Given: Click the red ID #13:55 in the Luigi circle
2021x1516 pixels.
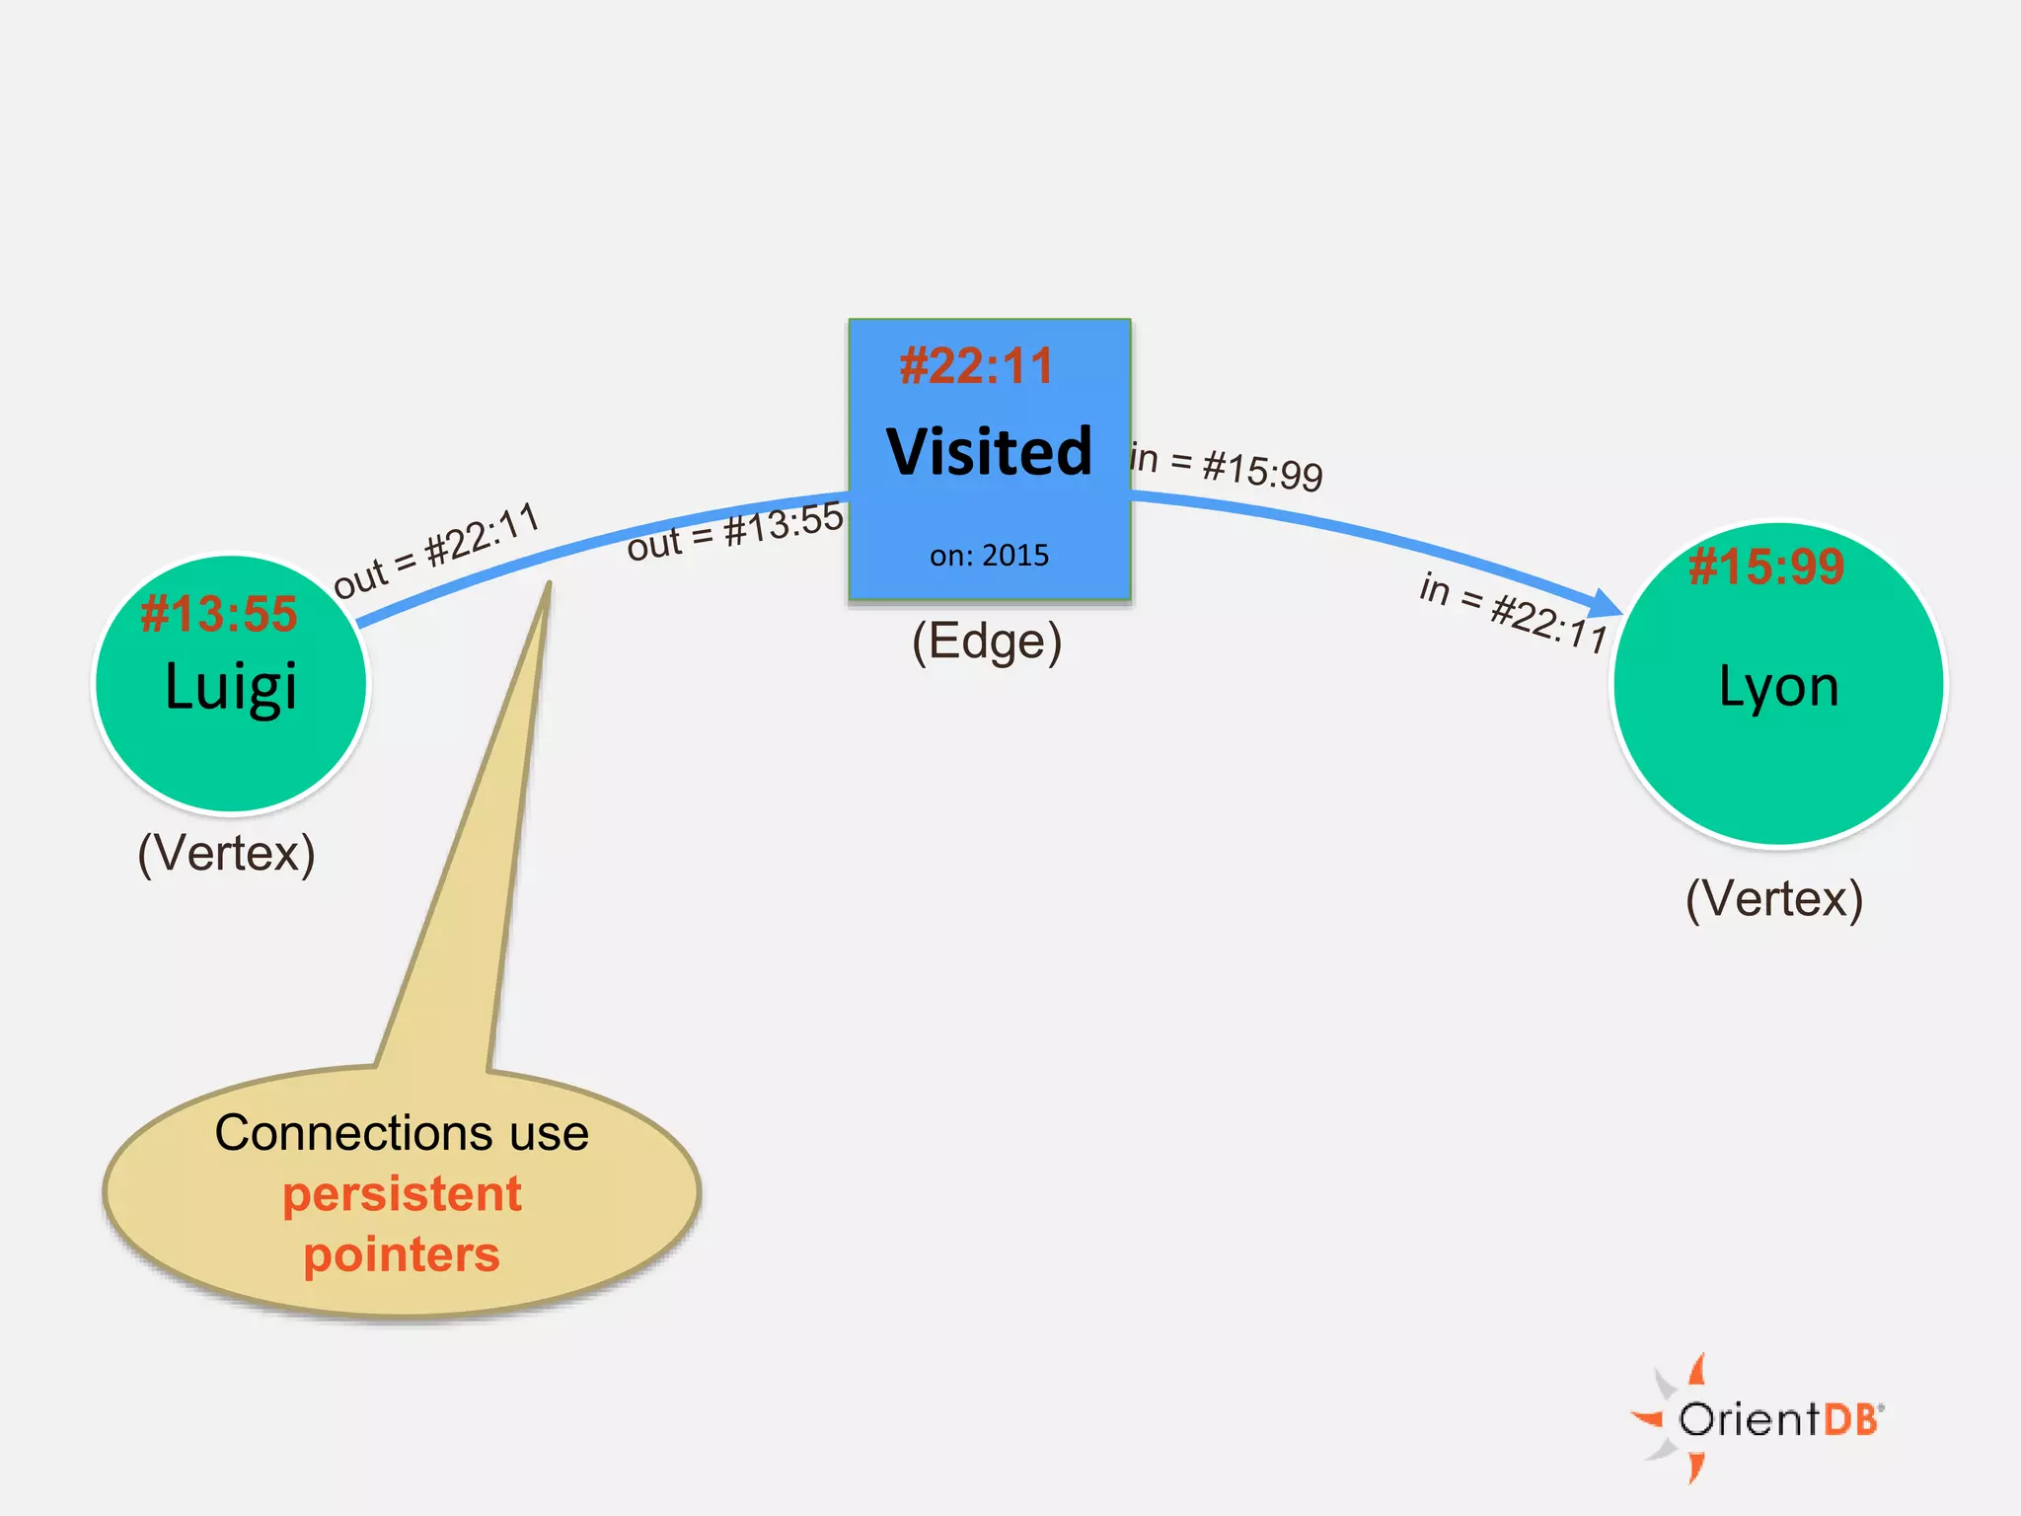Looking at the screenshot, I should click(x=219, y=614).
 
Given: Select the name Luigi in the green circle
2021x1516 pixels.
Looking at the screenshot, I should click(x=231, y=686).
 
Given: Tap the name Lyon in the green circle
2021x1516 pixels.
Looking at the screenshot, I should click(x=1778, y=686).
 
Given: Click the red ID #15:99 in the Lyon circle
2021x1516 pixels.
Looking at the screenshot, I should click(x=1766, y=567).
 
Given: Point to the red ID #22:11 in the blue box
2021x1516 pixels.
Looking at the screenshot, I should click(x=977, y=366).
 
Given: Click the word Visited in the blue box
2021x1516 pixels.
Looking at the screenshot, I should click(x=989, y=452).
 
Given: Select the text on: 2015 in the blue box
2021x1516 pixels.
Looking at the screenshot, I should click(x=989, y=556).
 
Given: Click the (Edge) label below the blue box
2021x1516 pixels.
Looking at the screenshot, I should click(x=987, y=642).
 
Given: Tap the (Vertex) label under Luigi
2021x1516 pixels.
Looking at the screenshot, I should click(x=226, y=853).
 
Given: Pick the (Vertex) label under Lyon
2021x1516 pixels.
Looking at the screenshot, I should click(x=1774, y=899).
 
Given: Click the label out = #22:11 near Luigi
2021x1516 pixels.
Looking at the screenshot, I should click(x=436, y=551).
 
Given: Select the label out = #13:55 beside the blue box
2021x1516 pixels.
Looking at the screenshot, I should click(x=735, y=531).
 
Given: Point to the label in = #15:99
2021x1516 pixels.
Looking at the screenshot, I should click(x=1227, y=467).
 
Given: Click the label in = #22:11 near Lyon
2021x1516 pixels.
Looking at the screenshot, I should click(x=1514, y=612).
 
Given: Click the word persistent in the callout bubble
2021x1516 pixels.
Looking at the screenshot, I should click(x=402, y=1194).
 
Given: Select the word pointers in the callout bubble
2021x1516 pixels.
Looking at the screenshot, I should click(x=402, y=1254).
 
